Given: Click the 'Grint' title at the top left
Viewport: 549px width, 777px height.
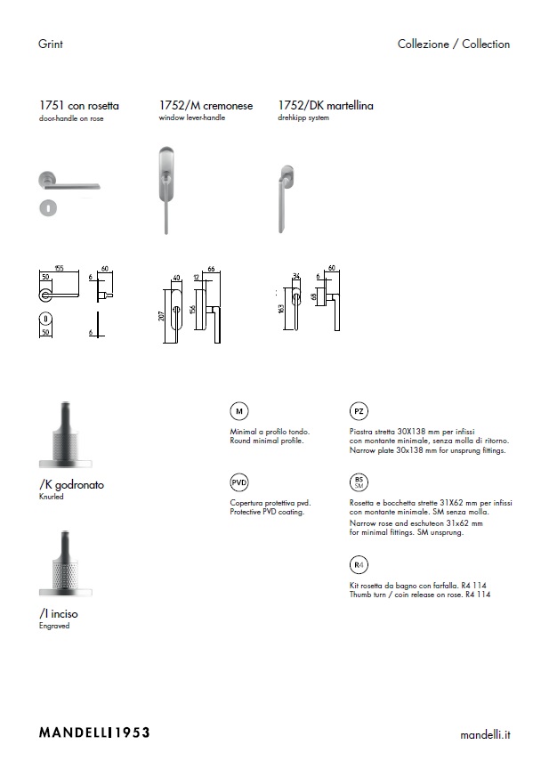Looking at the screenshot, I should [51, 44].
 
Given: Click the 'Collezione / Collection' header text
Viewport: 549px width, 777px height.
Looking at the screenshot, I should [454, 44].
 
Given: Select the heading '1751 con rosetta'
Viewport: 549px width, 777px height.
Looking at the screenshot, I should [80, 106].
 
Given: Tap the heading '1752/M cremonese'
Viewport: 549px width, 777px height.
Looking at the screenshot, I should [206, 106].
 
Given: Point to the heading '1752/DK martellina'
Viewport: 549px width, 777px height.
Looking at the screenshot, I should [326, 106].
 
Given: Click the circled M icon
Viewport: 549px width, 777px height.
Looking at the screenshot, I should [238, 411].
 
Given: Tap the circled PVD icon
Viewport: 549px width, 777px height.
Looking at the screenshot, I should [238, 483].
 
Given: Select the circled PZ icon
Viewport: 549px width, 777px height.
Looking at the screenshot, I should [358, 411].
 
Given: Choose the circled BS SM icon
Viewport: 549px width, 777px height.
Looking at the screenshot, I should [358, 483].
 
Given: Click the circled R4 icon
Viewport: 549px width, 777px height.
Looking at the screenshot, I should [358, 565].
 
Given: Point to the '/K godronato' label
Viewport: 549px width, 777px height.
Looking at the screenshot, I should [72, 485].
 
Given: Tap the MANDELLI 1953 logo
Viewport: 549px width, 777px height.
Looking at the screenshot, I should [94, 732].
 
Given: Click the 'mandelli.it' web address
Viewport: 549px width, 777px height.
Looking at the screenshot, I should [485, 734].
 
